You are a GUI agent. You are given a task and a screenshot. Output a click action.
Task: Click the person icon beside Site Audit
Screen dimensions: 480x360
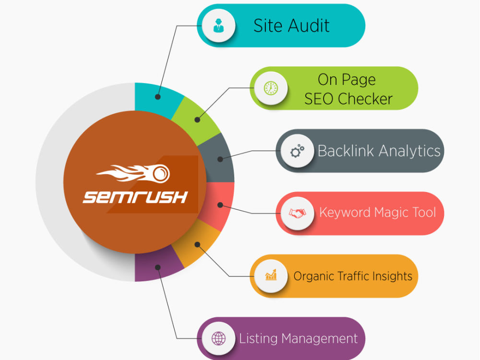[218, 25]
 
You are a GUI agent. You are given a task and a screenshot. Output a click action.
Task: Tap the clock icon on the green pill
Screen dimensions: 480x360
[271, 88]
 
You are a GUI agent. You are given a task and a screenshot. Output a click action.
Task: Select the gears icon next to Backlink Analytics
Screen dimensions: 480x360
[297, 151]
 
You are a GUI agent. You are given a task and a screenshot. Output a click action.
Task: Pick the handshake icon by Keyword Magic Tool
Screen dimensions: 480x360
[297, 213]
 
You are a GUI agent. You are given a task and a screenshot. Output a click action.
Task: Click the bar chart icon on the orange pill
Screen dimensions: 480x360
[271, 275]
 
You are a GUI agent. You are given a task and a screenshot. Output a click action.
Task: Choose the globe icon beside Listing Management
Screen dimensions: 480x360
[218, 338]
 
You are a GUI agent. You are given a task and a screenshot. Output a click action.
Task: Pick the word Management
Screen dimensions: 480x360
[319, 338]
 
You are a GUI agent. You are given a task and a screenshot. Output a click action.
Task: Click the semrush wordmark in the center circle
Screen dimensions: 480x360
[135, 197]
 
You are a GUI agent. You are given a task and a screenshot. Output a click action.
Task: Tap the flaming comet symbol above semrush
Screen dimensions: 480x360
[133, 173]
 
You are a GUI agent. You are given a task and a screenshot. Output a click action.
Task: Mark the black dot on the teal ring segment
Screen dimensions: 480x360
[157, 97]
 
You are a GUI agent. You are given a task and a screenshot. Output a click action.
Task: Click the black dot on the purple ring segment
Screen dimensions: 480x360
[157, 267]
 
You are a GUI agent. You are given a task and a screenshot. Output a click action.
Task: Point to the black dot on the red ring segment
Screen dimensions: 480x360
[220, 205]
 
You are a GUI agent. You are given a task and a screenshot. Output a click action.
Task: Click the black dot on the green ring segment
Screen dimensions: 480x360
[197, 120]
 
